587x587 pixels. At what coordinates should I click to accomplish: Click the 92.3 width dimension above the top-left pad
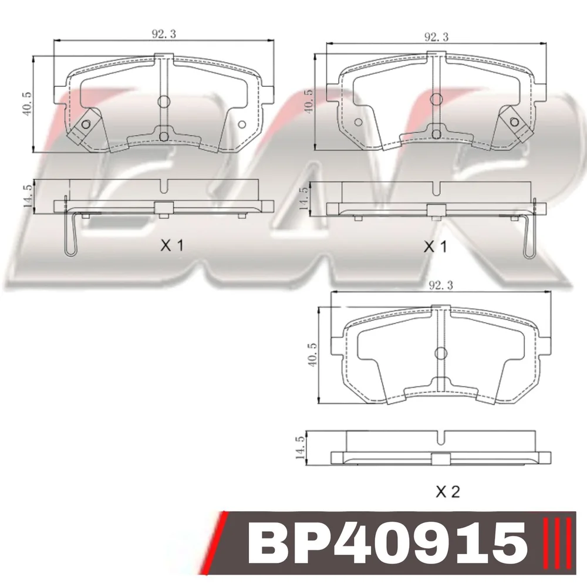tap(164, 34)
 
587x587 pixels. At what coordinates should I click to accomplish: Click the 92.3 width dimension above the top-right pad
tap(436, 36)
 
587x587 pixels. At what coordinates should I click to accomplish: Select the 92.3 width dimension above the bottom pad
tap(441, 286)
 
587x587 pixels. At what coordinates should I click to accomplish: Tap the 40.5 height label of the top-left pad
tap(28, 103)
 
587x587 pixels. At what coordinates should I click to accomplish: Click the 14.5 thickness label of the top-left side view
tap(28, 197)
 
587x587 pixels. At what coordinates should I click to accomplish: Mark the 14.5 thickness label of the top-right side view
tap(303, 198)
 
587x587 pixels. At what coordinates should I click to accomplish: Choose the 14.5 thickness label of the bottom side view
tap(300, 448)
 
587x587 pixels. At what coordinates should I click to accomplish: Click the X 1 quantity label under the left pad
tap(172, 246)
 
